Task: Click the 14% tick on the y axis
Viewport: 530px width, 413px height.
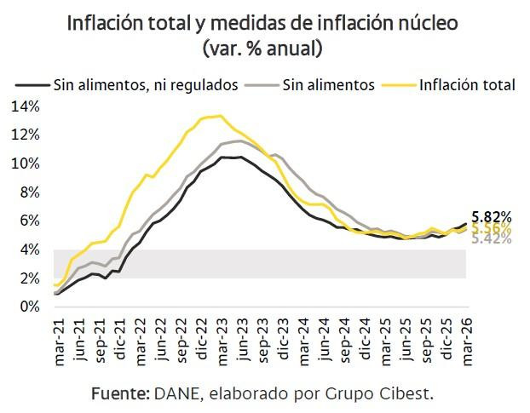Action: [x=26, y=106]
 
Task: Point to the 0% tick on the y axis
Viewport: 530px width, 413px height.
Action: [x=29, y=307]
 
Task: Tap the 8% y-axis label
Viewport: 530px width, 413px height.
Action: [x=29, y=192]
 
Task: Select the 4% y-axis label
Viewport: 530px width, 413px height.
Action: [x=29, y=250]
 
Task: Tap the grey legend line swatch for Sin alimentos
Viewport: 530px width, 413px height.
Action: [x=261, y=85]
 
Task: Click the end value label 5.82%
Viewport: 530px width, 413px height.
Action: [x=491, y=217]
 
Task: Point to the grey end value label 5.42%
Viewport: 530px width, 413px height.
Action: [x=491, y=239]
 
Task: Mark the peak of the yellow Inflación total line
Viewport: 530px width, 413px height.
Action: [x=221, y=116]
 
